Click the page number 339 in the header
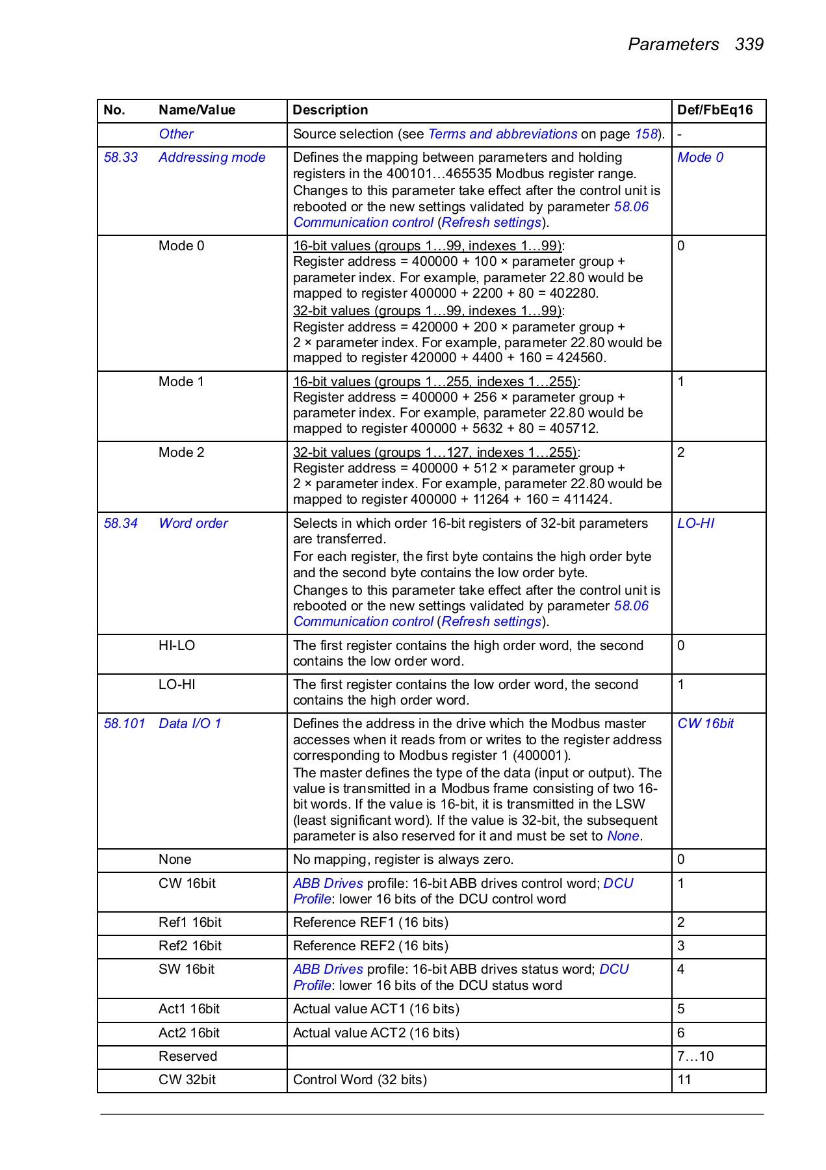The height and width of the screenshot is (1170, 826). [749, 44]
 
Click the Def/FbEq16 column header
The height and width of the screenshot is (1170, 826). [714, 110]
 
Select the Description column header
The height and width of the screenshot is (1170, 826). [330, 110]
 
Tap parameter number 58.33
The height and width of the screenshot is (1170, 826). [121, 157]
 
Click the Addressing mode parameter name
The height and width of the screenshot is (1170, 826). [212, 157]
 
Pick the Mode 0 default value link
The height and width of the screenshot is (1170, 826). [700, 157]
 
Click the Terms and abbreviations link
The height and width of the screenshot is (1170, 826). [502, 134]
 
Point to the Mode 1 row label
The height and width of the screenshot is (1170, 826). [181, 382]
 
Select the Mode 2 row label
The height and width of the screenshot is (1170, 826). [181, 452]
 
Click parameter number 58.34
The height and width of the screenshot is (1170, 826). [121, 523]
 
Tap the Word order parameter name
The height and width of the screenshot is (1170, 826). [193, 523]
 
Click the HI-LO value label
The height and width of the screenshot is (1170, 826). [177, 645]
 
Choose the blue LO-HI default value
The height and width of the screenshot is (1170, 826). [695, 523]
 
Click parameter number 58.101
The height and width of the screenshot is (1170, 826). [124, 723]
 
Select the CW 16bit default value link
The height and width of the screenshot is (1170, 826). [705, 723]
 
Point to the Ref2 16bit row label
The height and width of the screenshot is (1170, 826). [190, 946]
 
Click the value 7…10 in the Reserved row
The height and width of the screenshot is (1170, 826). [695, 1056]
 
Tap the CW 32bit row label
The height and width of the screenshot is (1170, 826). [187, 1080]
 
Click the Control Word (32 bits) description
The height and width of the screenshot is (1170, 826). [359, 1080]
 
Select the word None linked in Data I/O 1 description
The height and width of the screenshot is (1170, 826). [623, 836]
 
